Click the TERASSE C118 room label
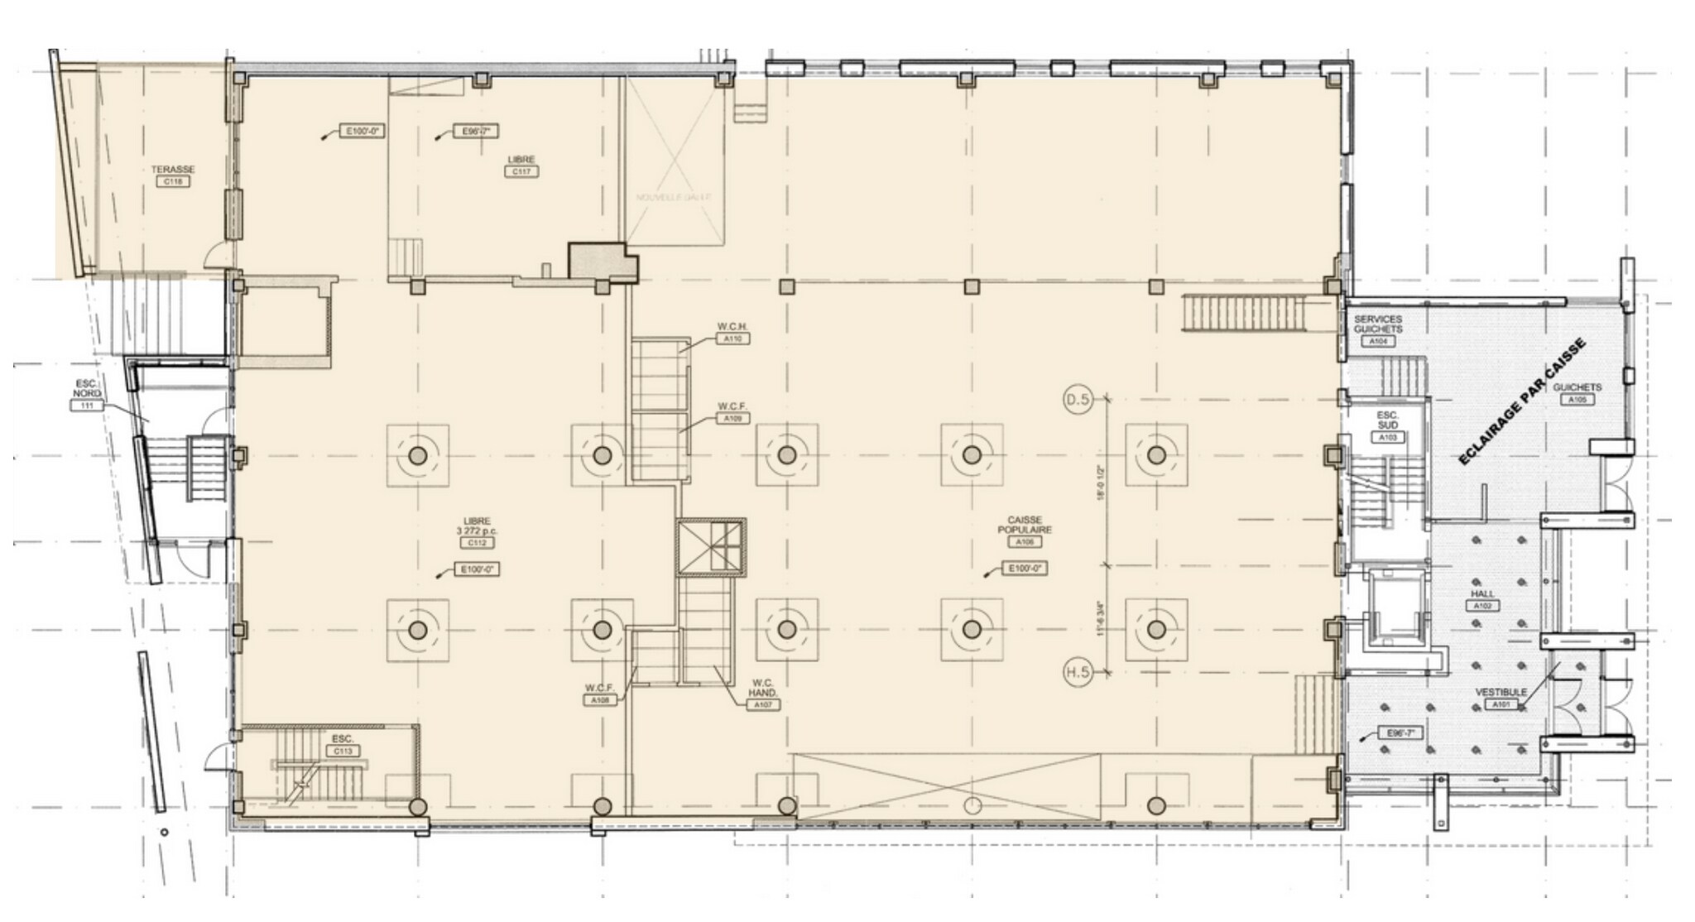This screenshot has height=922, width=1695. click(173, 175)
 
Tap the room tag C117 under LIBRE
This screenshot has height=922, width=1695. click(521, 171)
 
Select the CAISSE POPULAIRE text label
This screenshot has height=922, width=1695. click(1025, 525)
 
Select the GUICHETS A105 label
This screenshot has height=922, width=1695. click(1577, 392)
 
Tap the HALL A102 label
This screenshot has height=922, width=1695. click(1482, 599)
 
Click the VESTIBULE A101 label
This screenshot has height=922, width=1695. click(1501, 698)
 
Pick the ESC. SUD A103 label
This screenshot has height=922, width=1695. click(1388, 425)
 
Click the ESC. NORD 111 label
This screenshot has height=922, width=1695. click(86, 395)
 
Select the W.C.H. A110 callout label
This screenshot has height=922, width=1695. click(732, 333)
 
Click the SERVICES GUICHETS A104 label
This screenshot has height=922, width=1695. click(1378, 329)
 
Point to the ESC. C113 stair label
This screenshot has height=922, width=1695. click(343, 744)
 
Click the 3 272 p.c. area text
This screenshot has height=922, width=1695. click(477, 531)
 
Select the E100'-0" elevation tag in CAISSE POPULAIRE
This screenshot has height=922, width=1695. click(1024, 569)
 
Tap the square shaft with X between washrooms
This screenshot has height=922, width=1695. click(711, 546)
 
